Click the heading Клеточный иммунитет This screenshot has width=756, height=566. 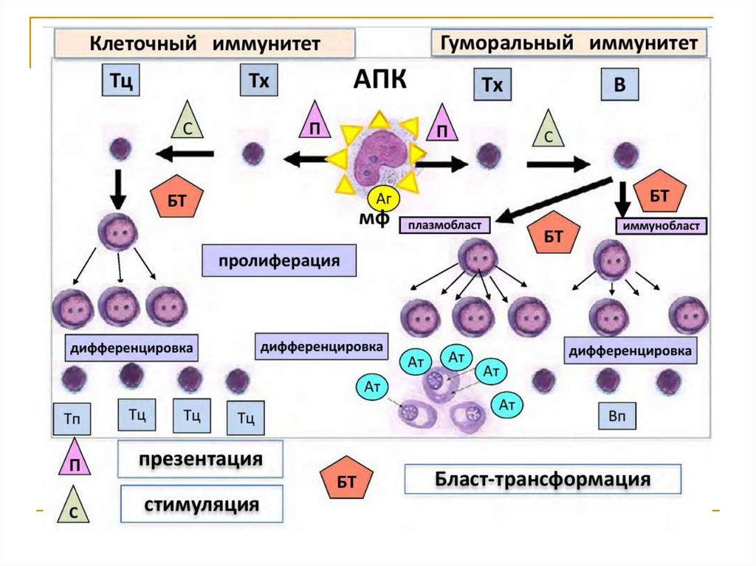point(205,44)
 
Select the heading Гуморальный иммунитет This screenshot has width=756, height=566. point(568,43)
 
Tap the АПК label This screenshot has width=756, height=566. point(379,80)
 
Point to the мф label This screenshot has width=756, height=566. point(373,219)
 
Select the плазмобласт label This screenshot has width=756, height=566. point(445,224)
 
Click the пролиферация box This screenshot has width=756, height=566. point(278,261)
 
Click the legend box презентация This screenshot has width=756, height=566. point(200,460)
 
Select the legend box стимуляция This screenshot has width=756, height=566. point(202,505)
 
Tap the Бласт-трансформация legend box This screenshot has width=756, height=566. point(542,480)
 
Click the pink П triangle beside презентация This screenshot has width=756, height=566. point(75,460)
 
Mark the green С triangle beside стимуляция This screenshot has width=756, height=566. point(75,507)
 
